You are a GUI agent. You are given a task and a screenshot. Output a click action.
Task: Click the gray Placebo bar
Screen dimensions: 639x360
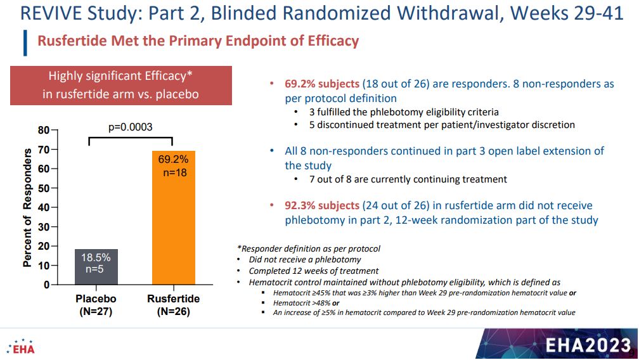[96, 267]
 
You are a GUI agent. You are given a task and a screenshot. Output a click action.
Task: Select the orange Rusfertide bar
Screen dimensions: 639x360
[174, 218]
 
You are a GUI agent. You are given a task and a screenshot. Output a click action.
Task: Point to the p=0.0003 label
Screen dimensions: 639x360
[131, 127]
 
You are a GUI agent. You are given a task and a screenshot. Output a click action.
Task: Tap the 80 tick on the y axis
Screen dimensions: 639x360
[44, 131]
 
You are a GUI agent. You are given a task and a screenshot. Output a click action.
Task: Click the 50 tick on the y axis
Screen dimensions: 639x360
[44, 188]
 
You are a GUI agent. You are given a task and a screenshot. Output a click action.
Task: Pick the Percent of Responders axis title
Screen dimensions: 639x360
[27, 208]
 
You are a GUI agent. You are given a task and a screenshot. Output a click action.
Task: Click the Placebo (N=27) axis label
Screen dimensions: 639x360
[96, 305]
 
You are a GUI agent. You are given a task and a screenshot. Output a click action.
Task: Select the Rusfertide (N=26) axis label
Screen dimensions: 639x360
[174, 305]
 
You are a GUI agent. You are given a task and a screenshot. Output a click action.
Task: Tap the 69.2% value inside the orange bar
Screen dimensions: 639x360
[174, 159]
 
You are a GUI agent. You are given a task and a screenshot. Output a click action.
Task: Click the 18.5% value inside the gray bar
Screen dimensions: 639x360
[96, 257]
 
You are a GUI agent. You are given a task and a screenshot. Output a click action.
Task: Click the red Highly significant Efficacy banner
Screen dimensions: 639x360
[121, 86]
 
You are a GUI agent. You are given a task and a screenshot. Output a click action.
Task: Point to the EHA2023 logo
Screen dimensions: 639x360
[588, 345]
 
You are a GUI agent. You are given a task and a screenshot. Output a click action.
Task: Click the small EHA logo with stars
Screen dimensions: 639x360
[20, 347]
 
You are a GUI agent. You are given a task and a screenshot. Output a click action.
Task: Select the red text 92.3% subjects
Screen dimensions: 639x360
[322, 205]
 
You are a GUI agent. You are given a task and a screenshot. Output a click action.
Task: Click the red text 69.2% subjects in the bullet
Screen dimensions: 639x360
[322, 84]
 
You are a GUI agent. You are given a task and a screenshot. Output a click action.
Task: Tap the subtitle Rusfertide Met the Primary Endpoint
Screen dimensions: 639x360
[198, 41]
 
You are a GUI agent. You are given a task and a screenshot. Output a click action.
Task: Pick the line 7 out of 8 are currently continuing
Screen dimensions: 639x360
[408, 179]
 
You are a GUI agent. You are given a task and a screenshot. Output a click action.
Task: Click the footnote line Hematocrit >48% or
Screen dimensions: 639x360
[306, 303]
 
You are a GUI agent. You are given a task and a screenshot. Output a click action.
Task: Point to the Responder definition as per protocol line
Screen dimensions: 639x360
[309, 248]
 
